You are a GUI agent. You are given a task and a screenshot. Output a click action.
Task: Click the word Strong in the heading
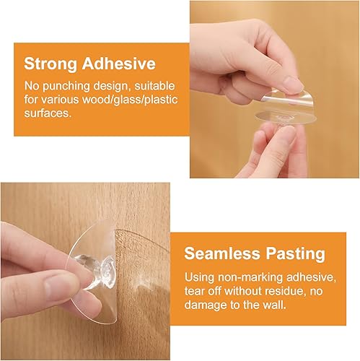click(51, 64)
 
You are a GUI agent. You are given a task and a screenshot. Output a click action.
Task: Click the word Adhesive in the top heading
click(119, 64)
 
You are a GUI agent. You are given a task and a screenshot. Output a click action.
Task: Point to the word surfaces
click(48, 113)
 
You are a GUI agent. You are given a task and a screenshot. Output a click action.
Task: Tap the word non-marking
click(250, 277)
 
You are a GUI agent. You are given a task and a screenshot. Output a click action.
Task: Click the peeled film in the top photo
click(286, 97)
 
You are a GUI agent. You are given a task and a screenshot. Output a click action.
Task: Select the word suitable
click(154, 87)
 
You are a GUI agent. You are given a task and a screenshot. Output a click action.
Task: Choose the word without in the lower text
click(244, 292)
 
